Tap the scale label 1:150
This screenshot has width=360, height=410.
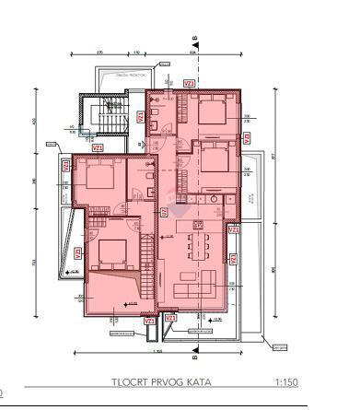(285, 381)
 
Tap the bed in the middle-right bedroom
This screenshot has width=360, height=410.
(214, 157)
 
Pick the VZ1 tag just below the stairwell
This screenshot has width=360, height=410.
(98, 146)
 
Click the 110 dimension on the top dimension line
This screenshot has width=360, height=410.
(136, 53)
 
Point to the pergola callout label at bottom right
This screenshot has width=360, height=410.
(280, 347)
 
